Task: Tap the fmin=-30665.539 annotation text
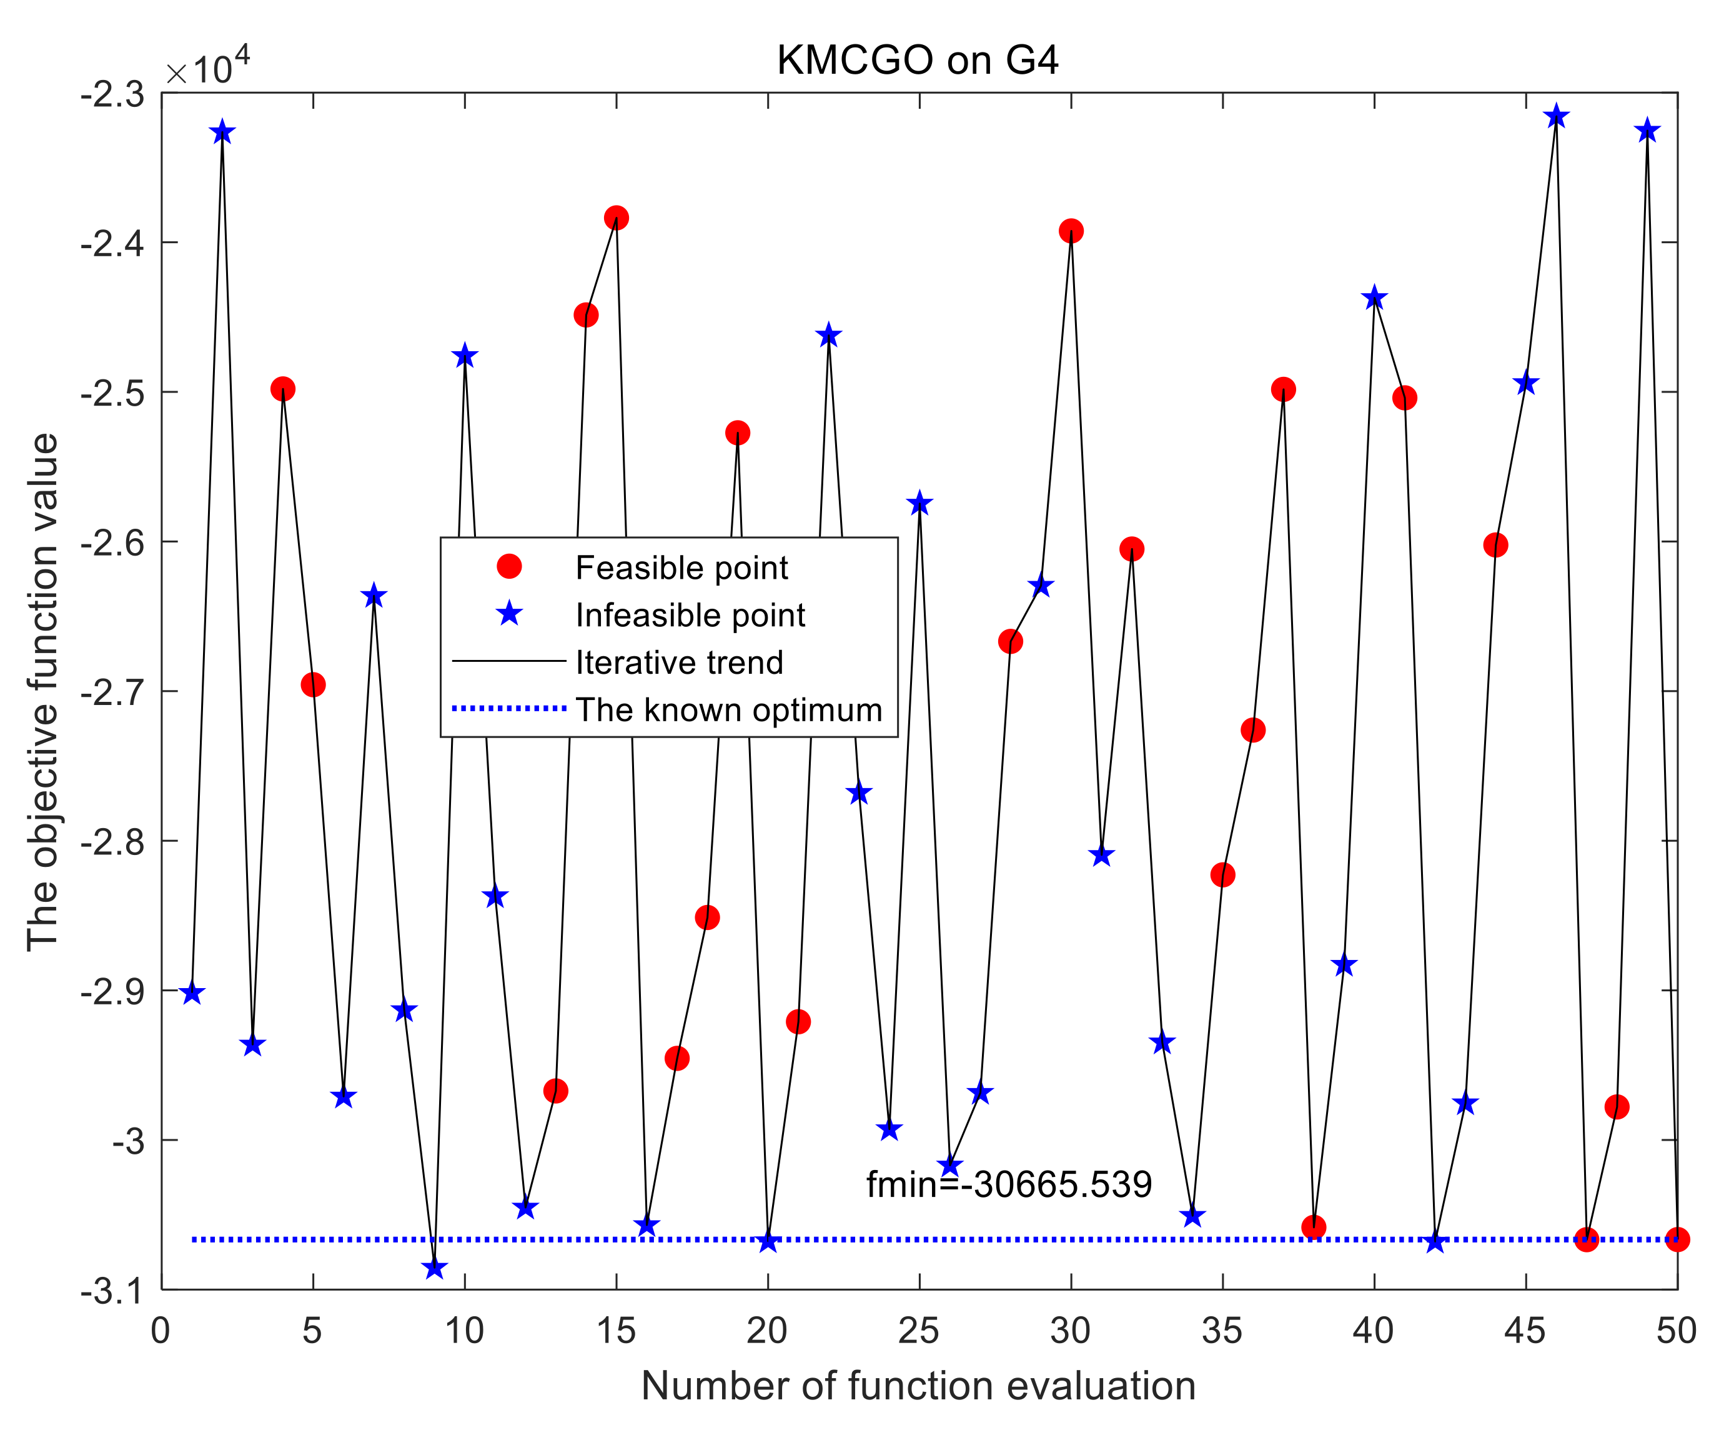pyautogui.click(x=1009, y=1184)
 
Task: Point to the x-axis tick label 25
pyautogui.click(x=919, y=1331)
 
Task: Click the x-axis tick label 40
pyautogui.click(x=1374, y=1331)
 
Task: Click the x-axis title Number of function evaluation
pyautogui.click(x=918, y=1386)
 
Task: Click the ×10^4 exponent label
pyautogui.click(x=207, y=67)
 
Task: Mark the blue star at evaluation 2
pyautogui.click(x=222, y=132)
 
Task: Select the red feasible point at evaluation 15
pyautogui.click(x=616, y=218)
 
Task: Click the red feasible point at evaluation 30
pyautogui.click(x=1071, y=231)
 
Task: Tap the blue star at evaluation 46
pyautogui.click(x=1556, y=116)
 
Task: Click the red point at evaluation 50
pyautogui.click(x=1677, y=1239)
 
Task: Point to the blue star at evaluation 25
pyautogui.click(x=919, y=503)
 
